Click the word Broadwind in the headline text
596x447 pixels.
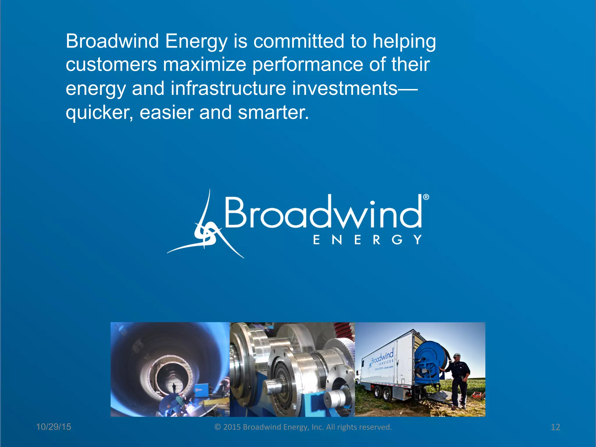click(112, 41)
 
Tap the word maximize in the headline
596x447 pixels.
click(205, 65)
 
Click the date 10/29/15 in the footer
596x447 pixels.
click(54, 427)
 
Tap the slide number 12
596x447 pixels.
click(555, 427)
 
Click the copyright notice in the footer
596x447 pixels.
click(303, 427)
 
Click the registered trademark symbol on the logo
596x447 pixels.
click(426, 197)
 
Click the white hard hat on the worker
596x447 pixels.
click(457, 355)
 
